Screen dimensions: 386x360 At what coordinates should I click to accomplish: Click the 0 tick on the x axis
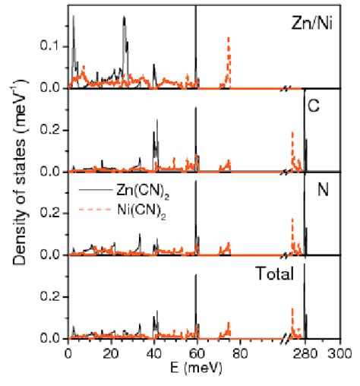(68, 353)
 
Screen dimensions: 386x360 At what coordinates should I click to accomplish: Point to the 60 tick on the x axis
(197, 353)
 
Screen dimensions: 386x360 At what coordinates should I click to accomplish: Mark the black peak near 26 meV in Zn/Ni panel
(124, 18)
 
